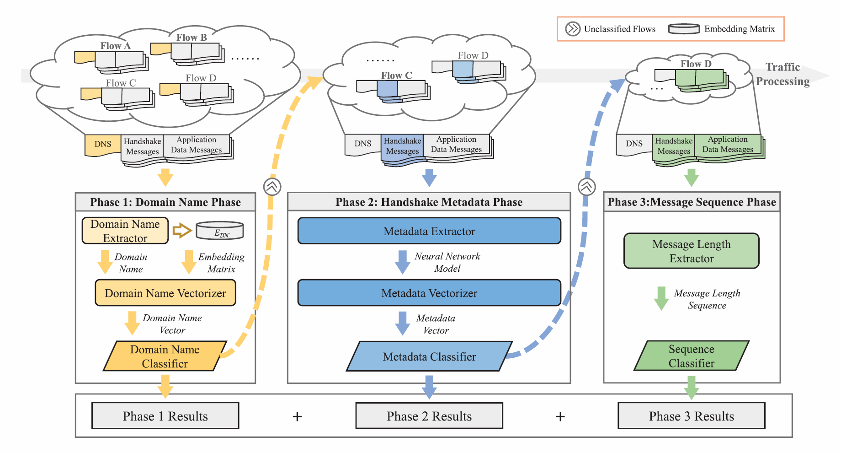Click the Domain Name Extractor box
(125, 231)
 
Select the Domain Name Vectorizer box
(165, 293)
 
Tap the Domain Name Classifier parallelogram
(165, 356)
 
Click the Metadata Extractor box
(429, 231)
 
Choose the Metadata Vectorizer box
(429, 293)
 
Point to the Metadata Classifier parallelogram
(429, 356)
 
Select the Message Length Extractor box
(691, 251)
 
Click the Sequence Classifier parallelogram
(691, 356)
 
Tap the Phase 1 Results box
(165, 415)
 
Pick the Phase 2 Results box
(429, 415)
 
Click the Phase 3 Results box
(691, 415)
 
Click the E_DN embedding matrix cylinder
(220, 231)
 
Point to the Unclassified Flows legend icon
(572, 29)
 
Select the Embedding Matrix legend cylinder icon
(684, 29)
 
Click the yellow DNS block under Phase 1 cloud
(103, 144)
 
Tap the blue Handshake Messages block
(402, 146)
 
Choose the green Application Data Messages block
(728, 145)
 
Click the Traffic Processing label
(782, 74)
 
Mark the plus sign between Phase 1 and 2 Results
(297, 416)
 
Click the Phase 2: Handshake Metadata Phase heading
(429, 202)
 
